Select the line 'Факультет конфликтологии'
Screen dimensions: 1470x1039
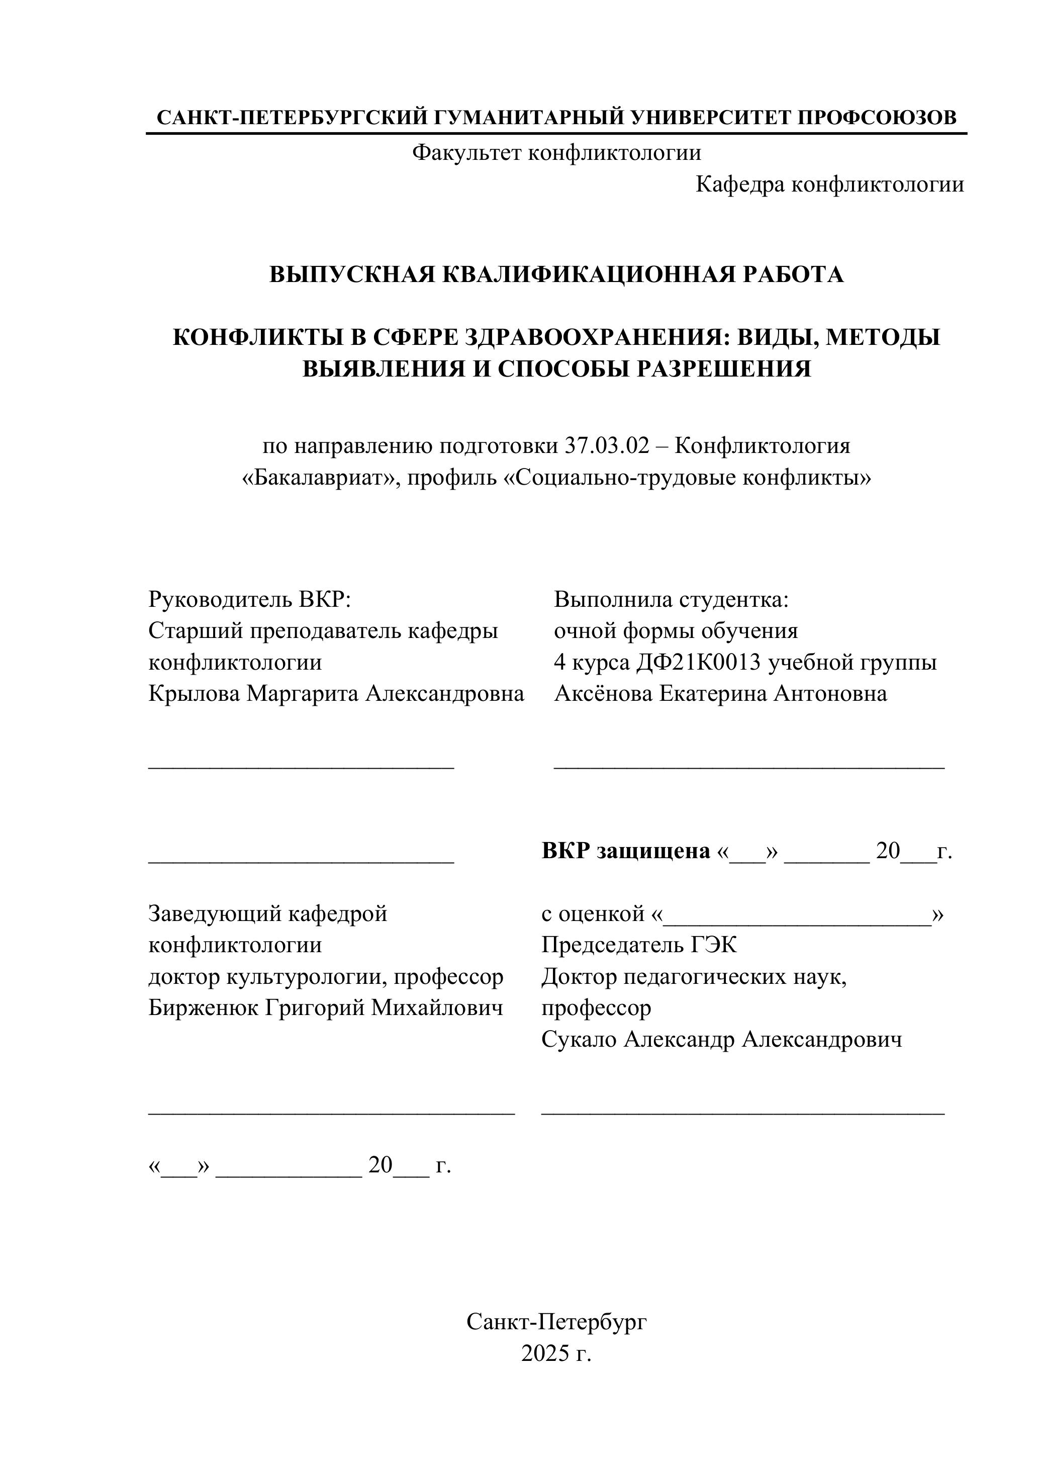[556, 153]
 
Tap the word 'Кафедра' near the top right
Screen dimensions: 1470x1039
[740, 185]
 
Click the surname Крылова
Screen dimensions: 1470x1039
[195, 693]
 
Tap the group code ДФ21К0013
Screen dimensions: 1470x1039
[698, 662]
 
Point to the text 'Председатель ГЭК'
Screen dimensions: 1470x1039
[639, 945]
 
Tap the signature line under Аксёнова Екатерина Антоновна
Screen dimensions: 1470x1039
[748, 766]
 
